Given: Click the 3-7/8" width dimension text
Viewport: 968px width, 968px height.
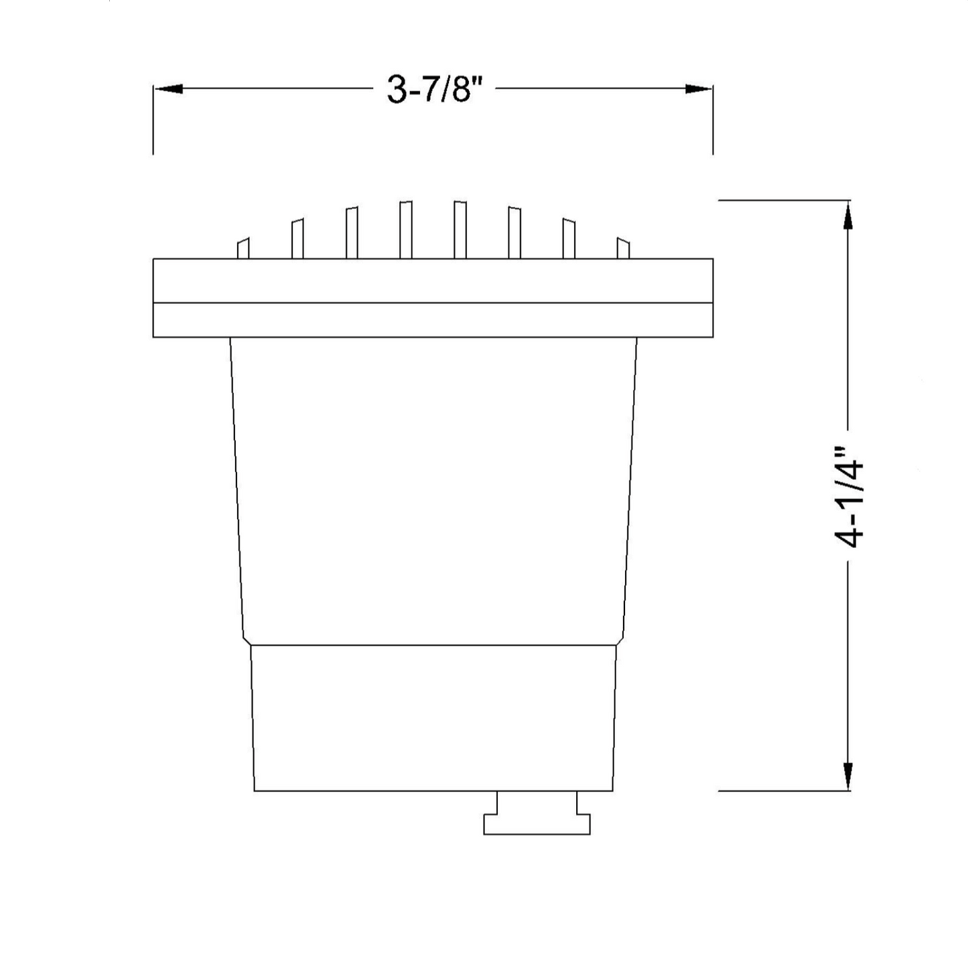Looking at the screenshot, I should (434, 88).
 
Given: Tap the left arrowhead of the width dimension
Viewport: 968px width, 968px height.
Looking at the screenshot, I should (168, 88).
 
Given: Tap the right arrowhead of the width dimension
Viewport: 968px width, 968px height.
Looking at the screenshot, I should (698, 88).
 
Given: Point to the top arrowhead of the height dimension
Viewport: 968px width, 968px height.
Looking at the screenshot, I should (848, 216).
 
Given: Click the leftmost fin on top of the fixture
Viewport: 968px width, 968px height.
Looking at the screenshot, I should (243, 249).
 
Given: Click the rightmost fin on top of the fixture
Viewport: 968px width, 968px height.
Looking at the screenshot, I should (623, 249).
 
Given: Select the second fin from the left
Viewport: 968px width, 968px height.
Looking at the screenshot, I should (297, 239).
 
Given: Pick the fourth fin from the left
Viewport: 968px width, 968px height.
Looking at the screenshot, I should (406, 230).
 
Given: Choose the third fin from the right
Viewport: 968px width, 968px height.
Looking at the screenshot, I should (514, 233).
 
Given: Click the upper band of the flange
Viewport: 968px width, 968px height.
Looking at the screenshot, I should (433, 281).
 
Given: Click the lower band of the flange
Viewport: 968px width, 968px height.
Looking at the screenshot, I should (433, 320).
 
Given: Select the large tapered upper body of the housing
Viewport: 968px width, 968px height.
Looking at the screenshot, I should (433, 489).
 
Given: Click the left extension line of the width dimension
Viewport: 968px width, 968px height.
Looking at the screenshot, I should (153, 121).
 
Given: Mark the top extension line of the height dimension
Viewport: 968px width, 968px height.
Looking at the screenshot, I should (784, 200).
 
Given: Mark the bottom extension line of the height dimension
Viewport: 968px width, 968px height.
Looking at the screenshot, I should (784, 790).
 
